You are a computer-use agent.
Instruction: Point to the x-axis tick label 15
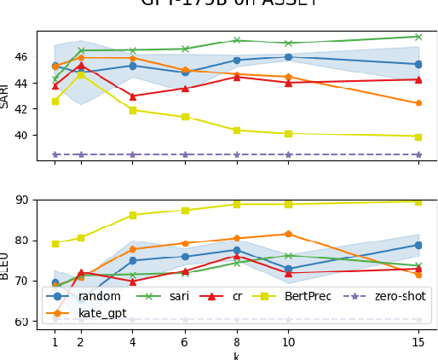pos(418,342)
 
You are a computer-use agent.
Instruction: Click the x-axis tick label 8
pos(237,342)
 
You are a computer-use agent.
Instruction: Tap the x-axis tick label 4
pos(133,342)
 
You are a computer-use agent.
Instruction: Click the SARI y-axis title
pos(6,96)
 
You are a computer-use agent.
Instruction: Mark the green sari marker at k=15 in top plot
pos(418,37)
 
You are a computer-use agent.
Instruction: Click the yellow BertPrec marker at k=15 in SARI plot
pos(418,136)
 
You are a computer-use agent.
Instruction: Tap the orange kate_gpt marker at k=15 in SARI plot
pos(418,103)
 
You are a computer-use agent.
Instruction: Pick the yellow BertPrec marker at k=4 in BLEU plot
pos(133,215)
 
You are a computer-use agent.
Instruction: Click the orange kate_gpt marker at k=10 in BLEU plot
pos(288,234)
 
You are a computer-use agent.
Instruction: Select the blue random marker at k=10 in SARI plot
pos(288,57)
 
